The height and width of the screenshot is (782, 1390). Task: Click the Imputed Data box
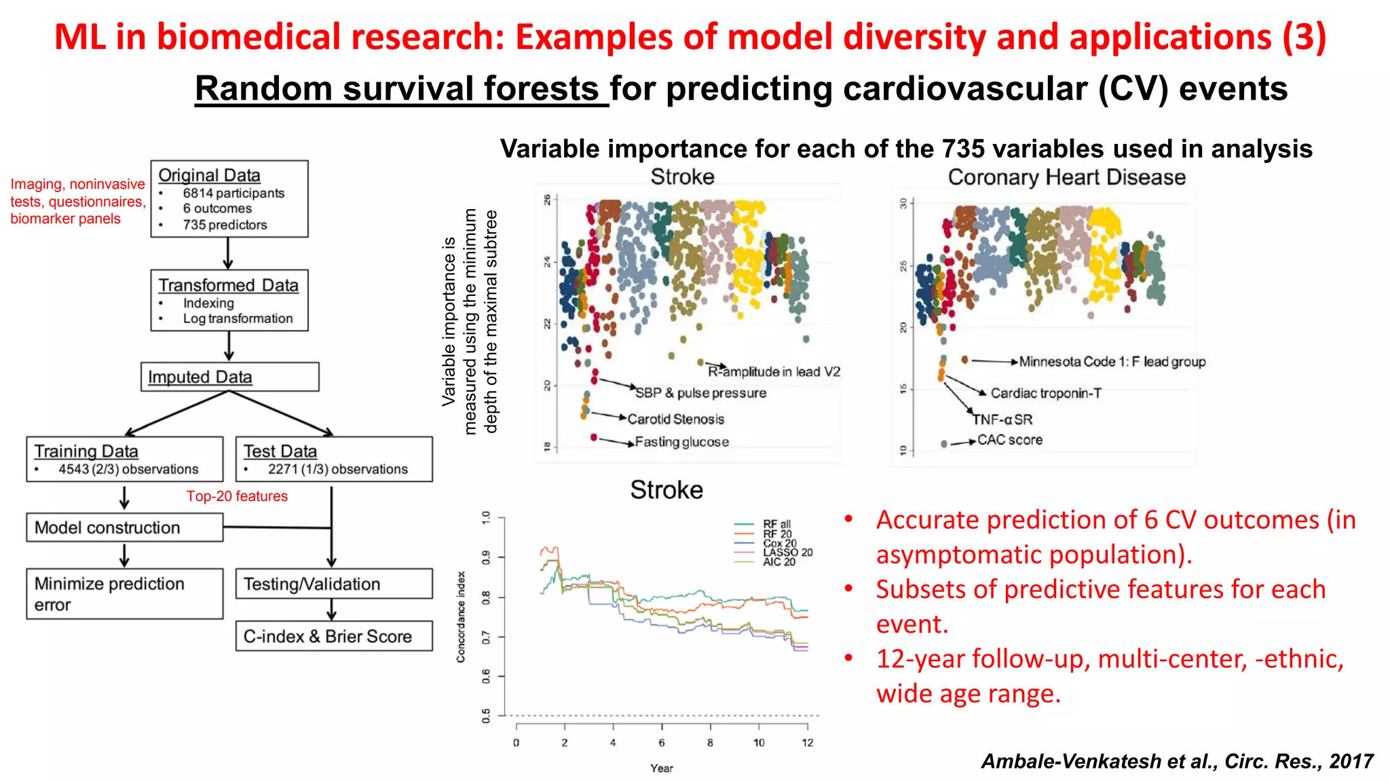[229, 377]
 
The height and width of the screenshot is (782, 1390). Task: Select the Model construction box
[125, 527]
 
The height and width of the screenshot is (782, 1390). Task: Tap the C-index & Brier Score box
[333, 636]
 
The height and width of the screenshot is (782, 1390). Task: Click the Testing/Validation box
[333, 584]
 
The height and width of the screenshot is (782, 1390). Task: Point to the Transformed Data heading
[228, 285]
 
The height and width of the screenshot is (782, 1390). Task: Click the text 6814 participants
[233, 193]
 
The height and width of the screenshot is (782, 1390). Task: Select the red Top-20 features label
[237, 496]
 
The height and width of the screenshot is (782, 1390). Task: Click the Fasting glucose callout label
[681, 442]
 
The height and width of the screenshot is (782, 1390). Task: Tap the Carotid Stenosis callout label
[675, 419]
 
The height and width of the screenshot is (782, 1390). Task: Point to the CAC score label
[1009, 440]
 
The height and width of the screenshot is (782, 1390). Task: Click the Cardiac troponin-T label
[1045, 393]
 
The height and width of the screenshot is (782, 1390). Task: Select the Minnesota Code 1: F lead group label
[1112, 362]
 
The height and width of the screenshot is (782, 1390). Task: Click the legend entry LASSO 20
[787, 553]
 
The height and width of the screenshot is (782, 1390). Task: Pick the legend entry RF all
[776, 524]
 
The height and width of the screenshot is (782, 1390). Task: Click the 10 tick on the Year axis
[758, 743]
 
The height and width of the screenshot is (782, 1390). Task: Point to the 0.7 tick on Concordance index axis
[486, 637]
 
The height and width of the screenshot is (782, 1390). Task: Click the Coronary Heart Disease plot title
[1066, 177]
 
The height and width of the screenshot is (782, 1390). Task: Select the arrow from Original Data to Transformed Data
[228, 254]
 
